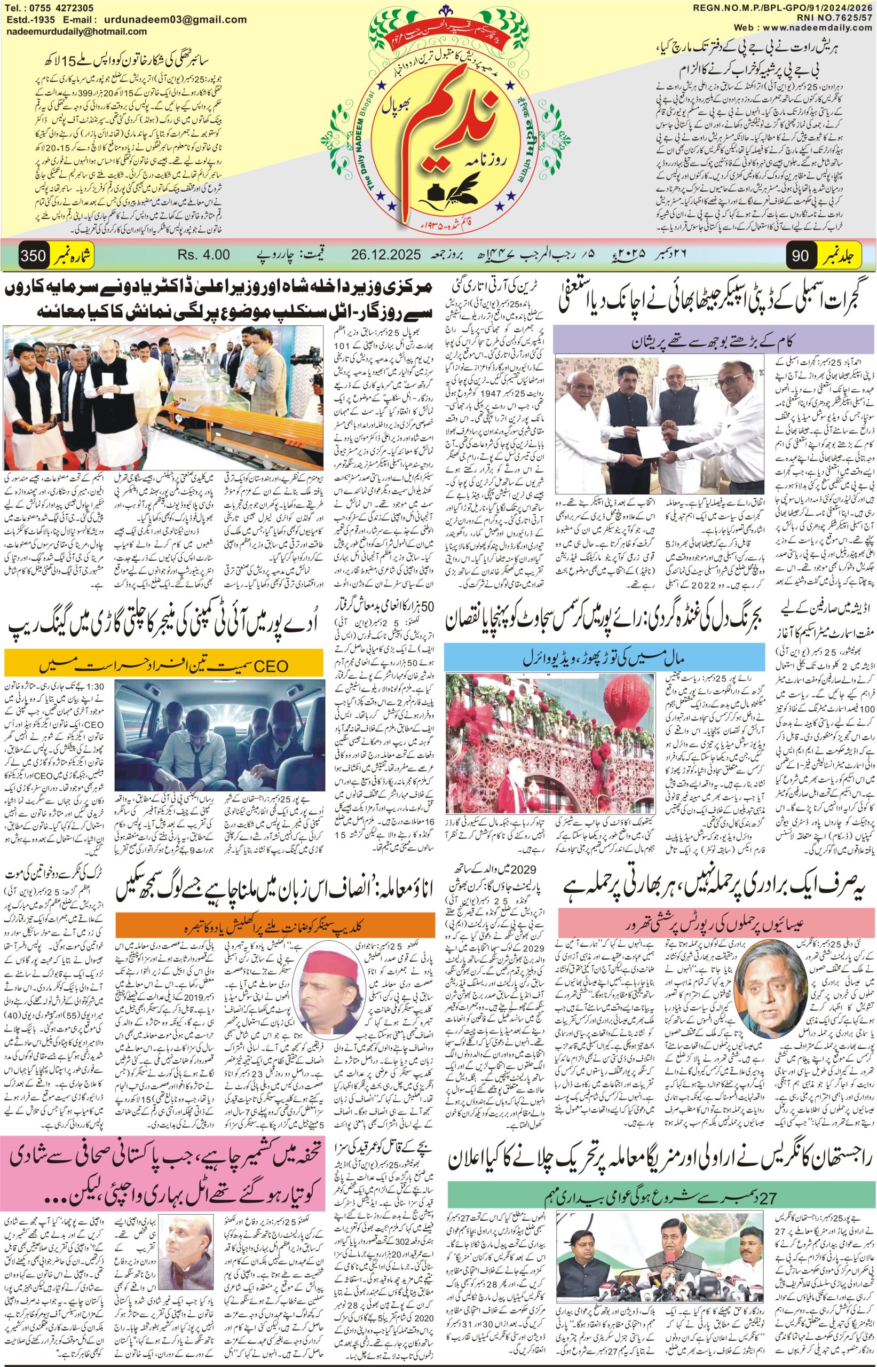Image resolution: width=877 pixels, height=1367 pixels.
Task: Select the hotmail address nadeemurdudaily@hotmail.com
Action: [x=76, y=32]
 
